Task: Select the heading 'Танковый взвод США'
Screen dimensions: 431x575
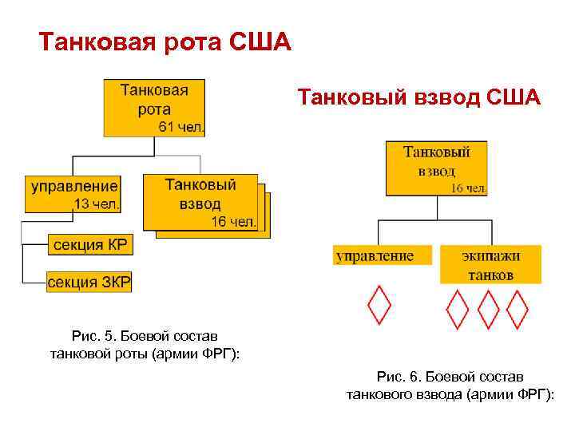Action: coord(419,97)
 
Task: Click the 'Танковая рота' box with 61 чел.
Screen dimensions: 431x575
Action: coord(154,106)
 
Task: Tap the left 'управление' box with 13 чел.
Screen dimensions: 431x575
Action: coord(73,194)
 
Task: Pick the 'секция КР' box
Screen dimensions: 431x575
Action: coord(89,245)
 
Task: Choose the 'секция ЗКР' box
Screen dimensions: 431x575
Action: coord(89,282)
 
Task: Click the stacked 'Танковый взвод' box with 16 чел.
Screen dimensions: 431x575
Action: coord(200,202)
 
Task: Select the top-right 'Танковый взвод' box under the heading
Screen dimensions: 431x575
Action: coord(436,168)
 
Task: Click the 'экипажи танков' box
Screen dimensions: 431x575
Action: coord(490,264)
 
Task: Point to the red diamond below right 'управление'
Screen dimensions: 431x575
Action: coord(379,306)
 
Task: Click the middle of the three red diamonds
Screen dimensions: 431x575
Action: coord(487,310)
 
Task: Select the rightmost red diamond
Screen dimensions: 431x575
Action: coord(518,310)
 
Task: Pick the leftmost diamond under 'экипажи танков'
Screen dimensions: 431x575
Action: coord(456,310)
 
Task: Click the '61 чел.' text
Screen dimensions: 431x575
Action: coord(182,126)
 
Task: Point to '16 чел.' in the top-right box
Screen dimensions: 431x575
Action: coord(469,188)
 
